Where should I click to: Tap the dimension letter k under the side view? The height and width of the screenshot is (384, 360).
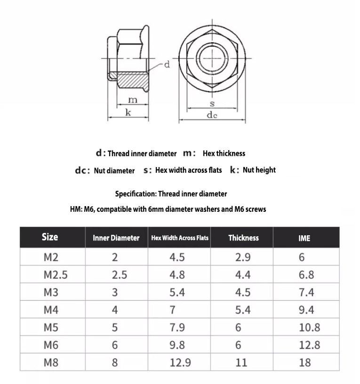coord(128,112)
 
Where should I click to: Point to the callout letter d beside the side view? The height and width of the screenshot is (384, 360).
coord(166,64)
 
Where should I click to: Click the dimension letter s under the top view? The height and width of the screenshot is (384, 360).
coord(212,103)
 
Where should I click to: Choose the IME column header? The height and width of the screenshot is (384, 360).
coord(304,238)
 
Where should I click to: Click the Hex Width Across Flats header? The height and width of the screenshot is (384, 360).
coord(180,238)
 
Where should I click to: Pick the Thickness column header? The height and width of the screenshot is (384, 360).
coord(243,238)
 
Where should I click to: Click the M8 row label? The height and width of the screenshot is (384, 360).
coord(51,362)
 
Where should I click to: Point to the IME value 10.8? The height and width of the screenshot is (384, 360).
coord(309,328)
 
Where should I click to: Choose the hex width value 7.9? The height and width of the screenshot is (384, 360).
coord(177,328)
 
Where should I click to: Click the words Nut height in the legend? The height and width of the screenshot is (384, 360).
coord(259,170)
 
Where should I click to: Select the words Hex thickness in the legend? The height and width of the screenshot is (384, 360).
coord(224,153)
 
